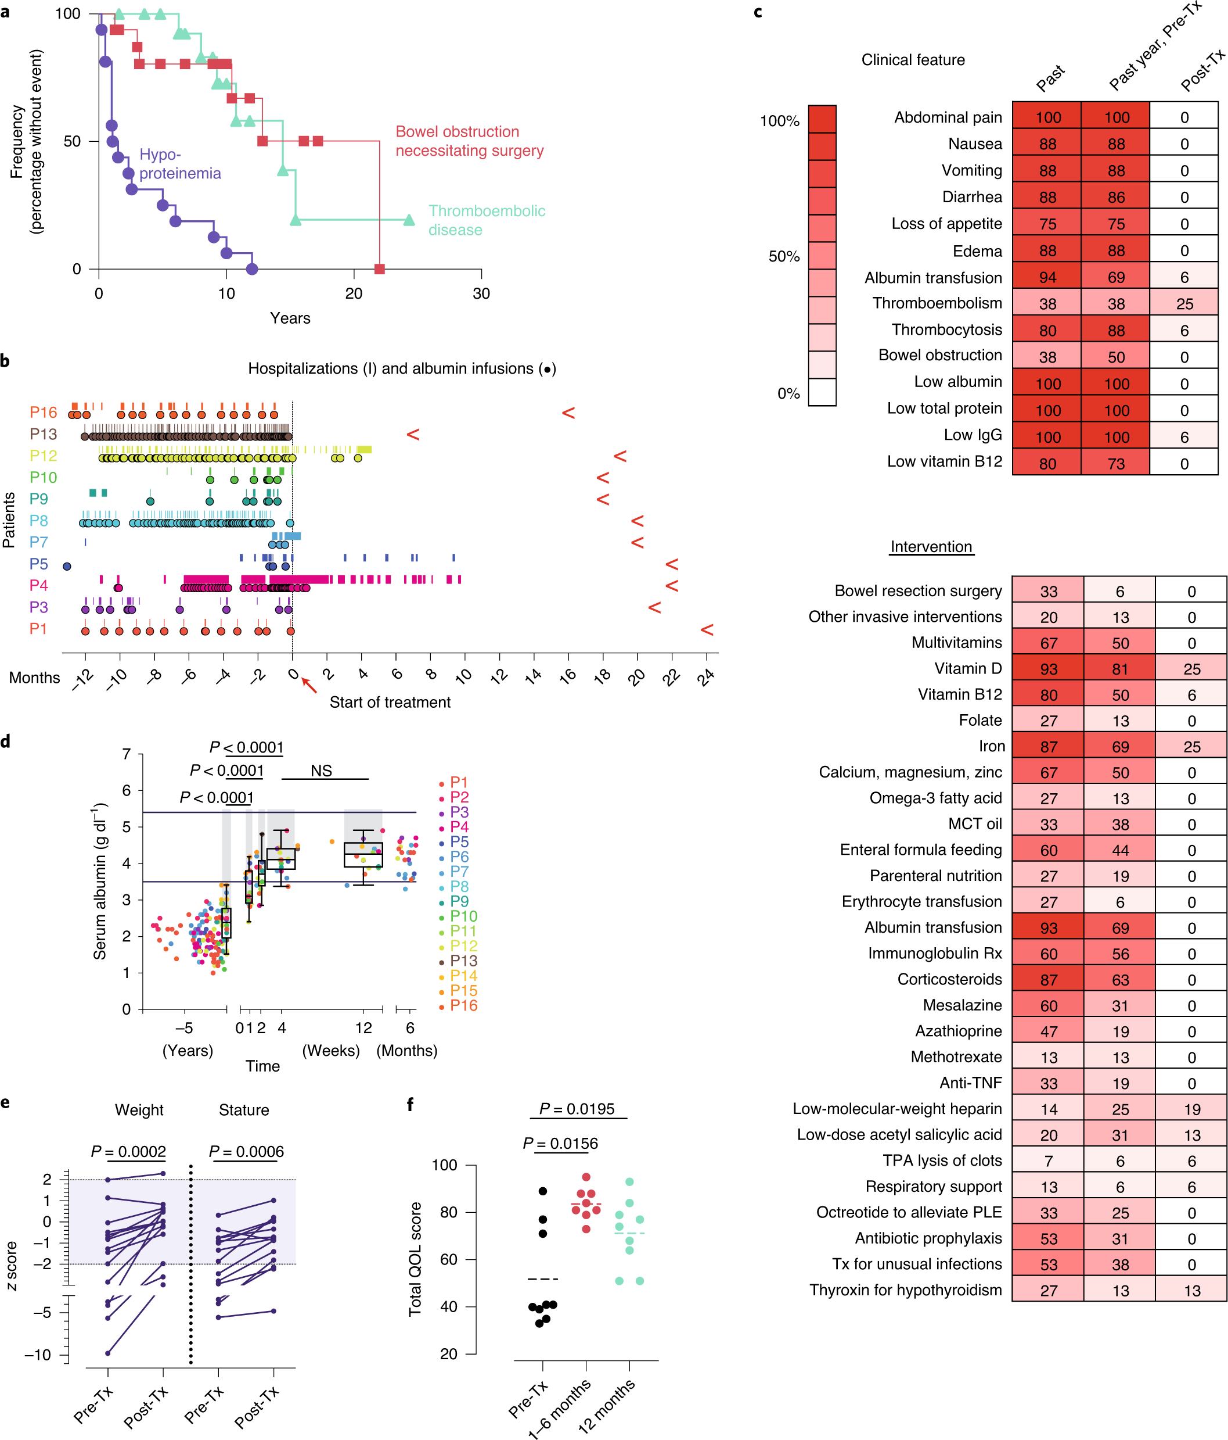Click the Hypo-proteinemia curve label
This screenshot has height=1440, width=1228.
pos(179,164)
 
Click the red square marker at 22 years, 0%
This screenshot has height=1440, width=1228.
pos(379,269)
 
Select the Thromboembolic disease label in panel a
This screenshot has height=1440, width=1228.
pos(486,220)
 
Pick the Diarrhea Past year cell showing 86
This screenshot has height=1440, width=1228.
pos(1115,198)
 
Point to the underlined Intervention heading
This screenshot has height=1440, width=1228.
pos(931,547)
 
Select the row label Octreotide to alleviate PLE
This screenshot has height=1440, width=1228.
pos(909,1212)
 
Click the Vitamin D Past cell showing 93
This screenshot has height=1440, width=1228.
pos(1047,669)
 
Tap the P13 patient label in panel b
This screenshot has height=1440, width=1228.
pos(43,434)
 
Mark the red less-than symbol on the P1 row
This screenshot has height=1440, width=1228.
pos(707,630)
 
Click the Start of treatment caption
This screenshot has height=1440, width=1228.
pos(390,703)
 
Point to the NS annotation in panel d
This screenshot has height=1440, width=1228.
pos(321,771)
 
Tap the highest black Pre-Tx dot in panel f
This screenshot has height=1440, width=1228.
pos(542,1191)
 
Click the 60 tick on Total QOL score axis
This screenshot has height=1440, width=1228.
pos(449,1259)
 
